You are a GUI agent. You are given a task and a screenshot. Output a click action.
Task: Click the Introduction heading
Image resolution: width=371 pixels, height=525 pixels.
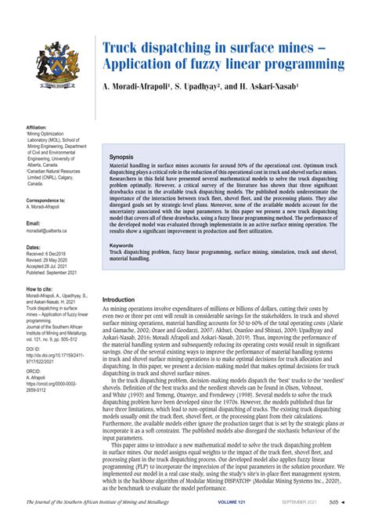tap(124, 277)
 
